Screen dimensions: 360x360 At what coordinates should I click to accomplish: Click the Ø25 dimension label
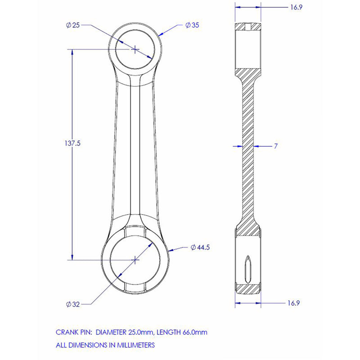(x=73, y=25)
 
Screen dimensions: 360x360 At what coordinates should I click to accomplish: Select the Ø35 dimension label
(x=192, y=25)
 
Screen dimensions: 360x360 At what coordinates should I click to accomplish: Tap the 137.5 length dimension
(x=72, y=144)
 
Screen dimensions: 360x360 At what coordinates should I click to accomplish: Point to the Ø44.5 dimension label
(x=200, y=247)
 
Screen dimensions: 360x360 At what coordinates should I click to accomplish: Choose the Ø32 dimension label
(x=73, y=305)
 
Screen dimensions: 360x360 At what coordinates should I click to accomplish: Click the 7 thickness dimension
(x=276, y=146)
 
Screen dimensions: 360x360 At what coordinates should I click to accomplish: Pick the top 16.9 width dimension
(x=296, y=7)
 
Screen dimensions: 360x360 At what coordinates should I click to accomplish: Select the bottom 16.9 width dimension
(x=294, y=303)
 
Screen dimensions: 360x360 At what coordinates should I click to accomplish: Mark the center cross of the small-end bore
(x=135, y=49)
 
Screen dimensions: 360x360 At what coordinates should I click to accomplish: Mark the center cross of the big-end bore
(x=135, y=260)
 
